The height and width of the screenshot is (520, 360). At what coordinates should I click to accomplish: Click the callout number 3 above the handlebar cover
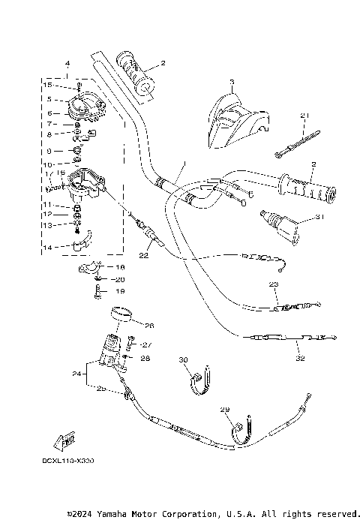(232, 81)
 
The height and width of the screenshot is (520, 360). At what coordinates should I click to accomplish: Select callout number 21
(304, 115)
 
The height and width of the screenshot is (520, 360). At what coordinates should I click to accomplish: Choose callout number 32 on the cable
(300, 359)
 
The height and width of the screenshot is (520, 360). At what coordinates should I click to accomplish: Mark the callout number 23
(274, 284)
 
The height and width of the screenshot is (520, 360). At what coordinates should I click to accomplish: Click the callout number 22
(144, 256)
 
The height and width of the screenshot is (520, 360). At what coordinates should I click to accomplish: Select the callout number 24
(76, 372)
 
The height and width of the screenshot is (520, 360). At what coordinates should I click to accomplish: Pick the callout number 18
(121, 266)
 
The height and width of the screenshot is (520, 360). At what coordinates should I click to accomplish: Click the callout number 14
(47, 247)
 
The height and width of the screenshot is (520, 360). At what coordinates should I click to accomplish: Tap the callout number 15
(47, 85)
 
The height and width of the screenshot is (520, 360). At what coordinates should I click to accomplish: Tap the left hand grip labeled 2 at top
(136, 74)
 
